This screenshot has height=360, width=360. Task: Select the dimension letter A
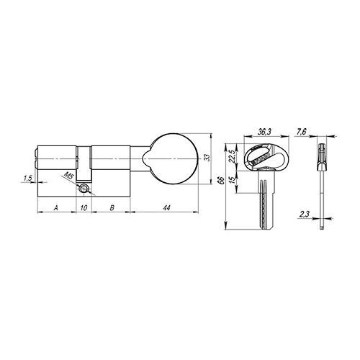click(56, 207)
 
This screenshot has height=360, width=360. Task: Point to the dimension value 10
click(84, 207)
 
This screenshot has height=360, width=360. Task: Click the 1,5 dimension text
click(27, 178)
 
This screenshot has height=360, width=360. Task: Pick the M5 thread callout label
click(68, 175)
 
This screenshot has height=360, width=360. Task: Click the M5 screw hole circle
click(86, 189)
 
